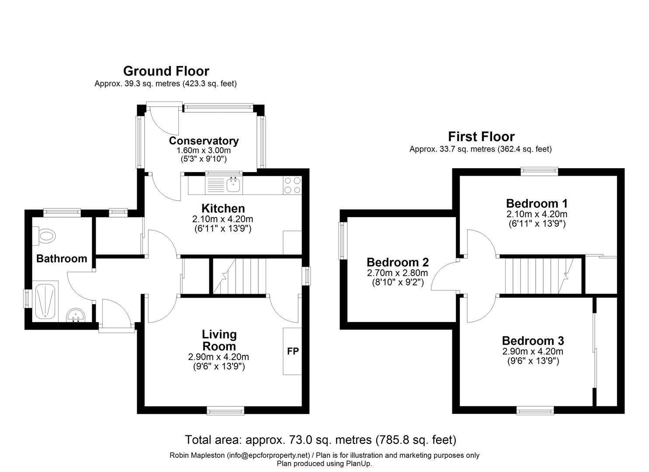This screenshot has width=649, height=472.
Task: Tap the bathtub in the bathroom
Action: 45,301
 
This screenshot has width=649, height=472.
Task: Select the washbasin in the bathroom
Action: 76,315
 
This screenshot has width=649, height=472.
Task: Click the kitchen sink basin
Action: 233,184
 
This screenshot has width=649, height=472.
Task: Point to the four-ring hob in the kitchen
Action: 292,185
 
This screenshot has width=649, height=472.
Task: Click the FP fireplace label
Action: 293,351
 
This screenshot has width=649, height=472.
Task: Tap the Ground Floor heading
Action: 166,71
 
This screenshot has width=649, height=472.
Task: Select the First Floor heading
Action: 481,136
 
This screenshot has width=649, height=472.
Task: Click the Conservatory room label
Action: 204,141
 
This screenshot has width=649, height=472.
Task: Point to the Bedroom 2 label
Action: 398,262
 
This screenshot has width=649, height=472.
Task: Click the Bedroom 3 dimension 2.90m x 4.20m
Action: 532,351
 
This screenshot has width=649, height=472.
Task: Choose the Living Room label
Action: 219,340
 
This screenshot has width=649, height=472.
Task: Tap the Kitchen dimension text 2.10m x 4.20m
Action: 222,219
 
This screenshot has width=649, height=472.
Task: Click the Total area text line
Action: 320,440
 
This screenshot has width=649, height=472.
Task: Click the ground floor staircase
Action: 239,276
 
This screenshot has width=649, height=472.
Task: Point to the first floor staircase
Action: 539,276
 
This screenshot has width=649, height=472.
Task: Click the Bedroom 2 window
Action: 344,240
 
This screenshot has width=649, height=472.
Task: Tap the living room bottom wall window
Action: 226,410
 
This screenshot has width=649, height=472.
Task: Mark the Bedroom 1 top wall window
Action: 539,171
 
